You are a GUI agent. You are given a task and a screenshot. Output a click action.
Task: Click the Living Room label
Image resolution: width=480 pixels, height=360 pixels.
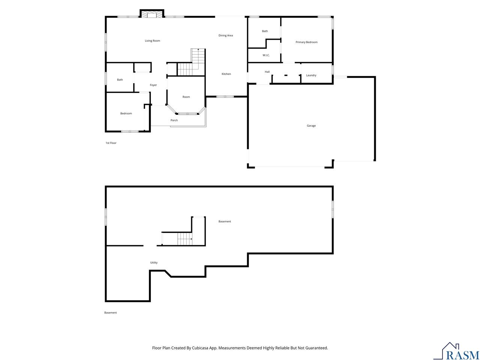point(152,40)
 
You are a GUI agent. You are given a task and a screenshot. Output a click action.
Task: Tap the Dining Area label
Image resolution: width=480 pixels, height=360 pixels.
point(225,35)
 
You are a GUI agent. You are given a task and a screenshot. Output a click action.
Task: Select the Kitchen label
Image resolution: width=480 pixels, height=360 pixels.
point(226,74)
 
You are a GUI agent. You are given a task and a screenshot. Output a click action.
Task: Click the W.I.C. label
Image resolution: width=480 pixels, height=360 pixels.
point(266,55)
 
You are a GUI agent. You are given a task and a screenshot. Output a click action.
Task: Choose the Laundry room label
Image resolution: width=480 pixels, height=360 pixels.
point(311,75)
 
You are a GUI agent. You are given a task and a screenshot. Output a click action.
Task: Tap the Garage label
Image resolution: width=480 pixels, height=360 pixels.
point(311,126)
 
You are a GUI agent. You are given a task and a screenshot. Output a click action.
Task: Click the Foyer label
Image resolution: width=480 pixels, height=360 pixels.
point(153,85)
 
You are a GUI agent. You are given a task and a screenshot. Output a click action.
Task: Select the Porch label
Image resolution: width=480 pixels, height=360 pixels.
point(174,120)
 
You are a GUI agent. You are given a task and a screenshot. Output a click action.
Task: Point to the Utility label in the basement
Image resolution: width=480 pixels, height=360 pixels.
point(154,262)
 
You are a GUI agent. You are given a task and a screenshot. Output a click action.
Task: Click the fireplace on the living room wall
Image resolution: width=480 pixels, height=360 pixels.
point(152,13)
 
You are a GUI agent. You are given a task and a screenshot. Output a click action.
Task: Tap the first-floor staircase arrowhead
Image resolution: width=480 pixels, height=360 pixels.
point(198,49)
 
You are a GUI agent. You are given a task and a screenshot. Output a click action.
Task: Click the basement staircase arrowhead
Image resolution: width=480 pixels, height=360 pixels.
point(191,239)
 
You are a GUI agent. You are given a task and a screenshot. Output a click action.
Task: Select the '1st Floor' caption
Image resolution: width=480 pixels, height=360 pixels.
point(111,143)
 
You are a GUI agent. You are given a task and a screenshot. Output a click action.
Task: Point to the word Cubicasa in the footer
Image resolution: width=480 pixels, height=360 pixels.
point(200,348)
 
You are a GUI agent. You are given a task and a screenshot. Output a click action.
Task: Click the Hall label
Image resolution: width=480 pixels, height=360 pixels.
point(267,72)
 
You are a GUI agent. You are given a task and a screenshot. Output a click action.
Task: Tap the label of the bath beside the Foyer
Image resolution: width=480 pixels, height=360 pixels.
point(120,80)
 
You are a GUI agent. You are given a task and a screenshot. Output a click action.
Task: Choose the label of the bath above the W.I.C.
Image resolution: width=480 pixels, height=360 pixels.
point(265,31)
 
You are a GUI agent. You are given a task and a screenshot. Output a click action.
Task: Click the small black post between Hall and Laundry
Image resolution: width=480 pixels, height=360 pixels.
point(286,75)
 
